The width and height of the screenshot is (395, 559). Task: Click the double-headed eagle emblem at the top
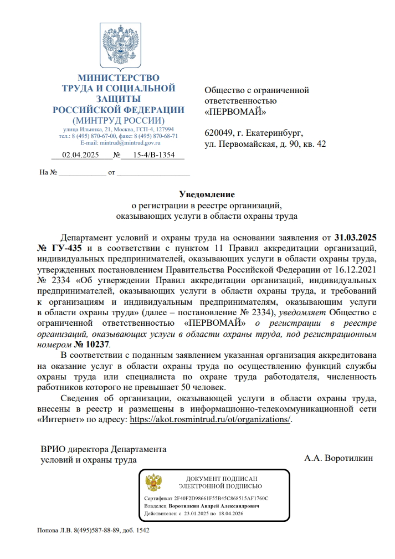(x=118, y=47)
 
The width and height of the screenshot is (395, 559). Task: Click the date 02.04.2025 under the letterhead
(x=80, y=155)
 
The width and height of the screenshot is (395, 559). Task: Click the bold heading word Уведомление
(x=207, y=194)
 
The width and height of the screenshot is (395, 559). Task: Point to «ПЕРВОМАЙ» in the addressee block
(x=235, y=111)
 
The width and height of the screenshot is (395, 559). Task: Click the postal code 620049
(x=219, y=134)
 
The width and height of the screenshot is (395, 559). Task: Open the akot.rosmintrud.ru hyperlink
(x=210, y=419)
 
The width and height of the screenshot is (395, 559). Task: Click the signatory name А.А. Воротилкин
(x=338, y=459)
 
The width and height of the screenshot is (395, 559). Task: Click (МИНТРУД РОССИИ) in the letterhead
(x=118, y=120)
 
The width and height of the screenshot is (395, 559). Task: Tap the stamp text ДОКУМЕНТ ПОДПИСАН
(x=222, y=478)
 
